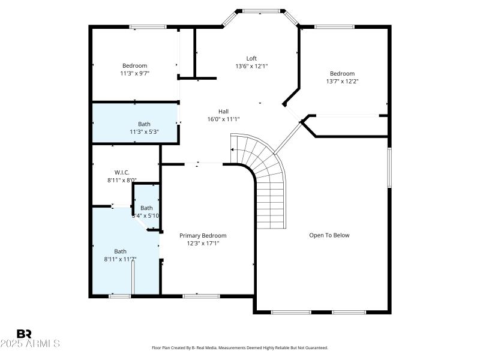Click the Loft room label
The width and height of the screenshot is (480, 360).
point(251,58)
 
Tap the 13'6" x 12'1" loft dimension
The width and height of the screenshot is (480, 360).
point(251,66)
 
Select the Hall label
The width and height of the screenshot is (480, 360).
point(223,111)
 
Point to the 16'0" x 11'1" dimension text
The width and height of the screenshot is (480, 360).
point(223,119)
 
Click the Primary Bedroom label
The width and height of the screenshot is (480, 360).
point(203,236)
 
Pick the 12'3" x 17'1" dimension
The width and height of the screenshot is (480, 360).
point(203,244)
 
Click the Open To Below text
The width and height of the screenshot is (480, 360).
point(329,235)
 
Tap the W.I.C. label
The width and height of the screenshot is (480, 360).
point(122,172)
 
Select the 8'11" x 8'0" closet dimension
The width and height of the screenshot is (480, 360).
point(122,180)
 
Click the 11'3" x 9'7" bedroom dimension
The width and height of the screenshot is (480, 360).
point(134,73)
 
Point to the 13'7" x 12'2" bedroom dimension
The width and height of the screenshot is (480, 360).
point(342,81)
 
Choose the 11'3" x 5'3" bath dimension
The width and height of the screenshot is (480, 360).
point(144,131)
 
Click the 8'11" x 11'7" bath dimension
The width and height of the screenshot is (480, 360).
point(121,259)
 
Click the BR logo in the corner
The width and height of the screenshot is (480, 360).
point(24,334)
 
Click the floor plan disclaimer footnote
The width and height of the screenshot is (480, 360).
point(240,347)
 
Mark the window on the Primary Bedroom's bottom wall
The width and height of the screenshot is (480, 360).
point(201,295)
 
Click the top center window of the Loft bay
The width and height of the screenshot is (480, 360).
point(261,10)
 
